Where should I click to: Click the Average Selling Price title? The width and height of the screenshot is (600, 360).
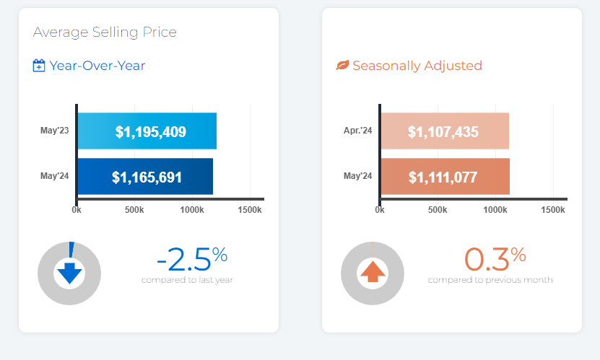pyautogui.click(x=105, y=32)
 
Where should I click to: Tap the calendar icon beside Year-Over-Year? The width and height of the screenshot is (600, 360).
pyautogui.click(x=39, y=66)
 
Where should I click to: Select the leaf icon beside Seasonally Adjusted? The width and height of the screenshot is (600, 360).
pyautogui.click(x=342, y=66)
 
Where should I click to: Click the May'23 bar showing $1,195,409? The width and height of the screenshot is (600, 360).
pyautogui.click(x=147, y=131)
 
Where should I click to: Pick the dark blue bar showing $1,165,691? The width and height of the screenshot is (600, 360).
pyautogui.click(x=144, y=177)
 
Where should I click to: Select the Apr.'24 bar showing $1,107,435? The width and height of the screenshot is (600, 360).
pyautogui.click(x=444, y=131)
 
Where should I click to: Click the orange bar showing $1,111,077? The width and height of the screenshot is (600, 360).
pyautogui.click(x=445, y=177)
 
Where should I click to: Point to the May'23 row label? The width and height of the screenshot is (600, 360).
pyautogui.click(x=54, y=131)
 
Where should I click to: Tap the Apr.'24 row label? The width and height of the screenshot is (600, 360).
pyautogui.click(x=357, y=131)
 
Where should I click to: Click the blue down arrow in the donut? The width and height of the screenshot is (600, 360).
pyautogui.click(x=70, y=273)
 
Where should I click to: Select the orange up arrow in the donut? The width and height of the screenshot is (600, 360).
pyautogui.click(x=373, y=273)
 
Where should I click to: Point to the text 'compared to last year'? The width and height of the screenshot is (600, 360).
pyautogui.click(x=187, y=280)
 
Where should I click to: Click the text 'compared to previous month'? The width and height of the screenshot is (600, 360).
pyautogui.click(x=490, y=280)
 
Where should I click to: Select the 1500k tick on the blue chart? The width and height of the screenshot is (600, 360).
pyautogui.click(x=249, y=209)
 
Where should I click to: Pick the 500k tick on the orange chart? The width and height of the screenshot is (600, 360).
pyautogui.click(x=438, y=209)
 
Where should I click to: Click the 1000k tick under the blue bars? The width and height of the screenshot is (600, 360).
pyautogui.click(x=192, y=209)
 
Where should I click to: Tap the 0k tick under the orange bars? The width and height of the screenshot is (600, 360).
pyautogui.click(x=380, y=209)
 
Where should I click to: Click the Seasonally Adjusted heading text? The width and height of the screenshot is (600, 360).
pyautogui.click(x=417, y=66)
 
